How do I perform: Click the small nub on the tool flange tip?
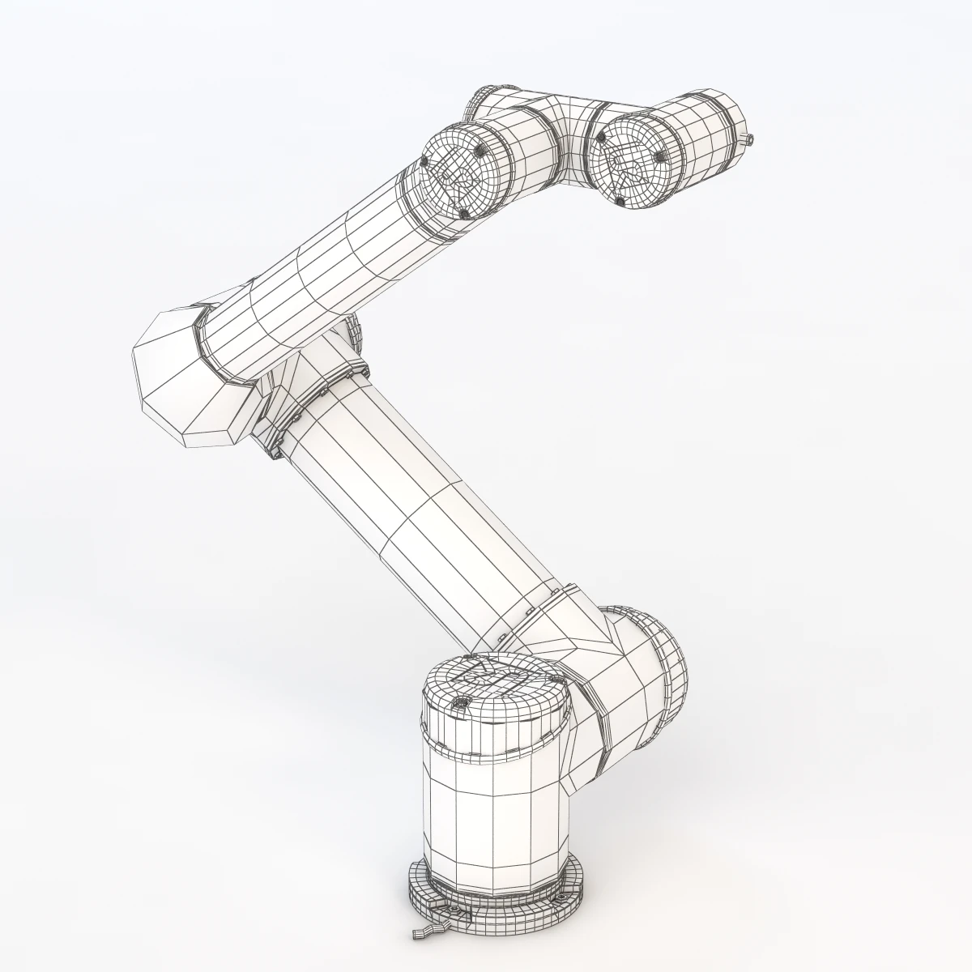(750, 139)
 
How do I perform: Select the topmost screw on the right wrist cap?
(601, 139)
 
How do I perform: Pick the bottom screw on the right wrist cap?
(619, 200)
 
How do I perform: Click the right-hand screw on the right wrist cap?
(661, 156)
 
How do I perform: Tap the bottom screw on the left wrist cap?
(464, 213)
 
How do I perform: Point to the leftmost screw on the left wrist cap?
(425, 165)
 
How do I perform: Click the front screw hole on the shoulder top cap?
(460, 703)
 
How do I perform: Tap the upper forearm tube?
(324, 275)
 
